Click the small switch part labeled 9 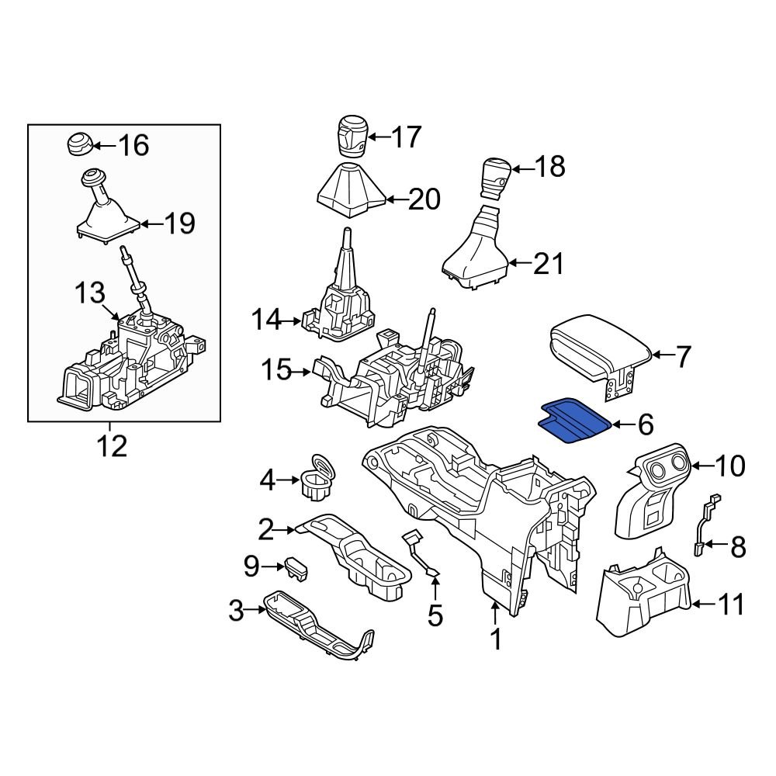coord(296,568)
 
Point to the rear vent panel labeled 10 coord(652,493)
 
